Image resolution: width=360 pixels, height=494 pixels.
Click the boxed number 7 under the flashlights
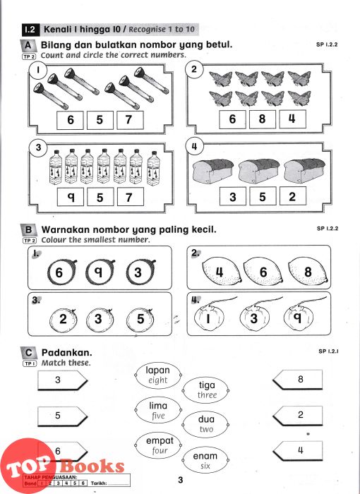point(130,120)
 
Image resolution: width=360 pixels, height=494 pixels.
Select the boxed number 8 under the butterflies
point(263,119)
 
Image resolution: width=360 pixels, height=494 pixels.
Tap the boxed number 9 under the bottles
point(71,197)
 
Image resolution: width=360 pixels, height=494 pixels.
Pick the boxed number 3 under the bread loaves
point(233,196)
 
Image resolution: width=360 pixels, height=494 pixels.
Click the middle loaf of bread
point(259,171)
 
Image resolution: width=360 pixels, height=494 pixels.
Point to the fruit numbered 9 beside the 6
point(100,272)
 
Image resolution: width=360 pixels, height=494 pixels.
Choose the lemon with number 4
point(222,271)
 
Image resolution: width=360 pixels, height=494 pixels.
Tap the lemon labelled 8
point(308,271)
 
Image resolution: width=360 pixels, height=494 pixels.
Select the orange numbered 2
point(64,320)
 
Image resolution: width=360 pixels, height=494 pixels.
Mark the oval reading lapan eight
point(158,375)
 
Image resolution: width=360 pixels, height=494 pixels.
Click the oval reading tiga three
point(206,390)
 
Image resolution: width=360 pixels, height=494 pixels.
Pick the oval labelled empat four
point(158,445)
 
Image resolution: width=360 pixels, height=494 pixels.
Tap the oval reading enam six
point(205,460)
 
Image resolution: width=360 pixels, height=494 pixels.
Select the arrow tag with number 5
point(62,416)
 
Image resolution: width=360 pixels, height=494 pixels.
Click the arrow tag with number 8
point(298,380)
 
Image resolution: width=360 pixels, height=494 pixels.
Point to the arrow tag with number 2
point(298,416)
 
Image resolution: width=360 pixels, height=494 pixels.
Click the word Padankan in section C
point(67,352)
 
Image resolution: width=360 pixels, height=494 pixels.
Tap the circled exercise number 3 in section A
point(38,147)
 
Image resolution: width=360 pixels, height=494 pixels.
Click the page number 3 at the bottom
point(180,480)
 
